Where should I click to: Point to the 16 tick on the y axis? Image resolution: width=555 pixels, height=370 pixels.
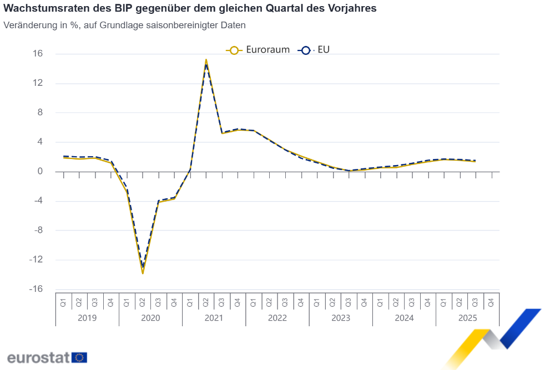pyautogui.click(x=38, y=54)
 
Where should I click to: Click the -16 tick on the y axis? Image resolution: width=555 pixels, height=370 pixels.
pyautogui.click(x=36, y=289)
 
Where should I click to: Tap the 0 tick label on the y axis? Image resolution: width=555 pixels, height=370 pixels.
pyautogui.click(x=41, y=172)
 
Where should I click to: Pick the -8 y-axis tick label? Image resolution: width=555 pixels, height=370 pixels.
pyautogui.click(x=38, y=230)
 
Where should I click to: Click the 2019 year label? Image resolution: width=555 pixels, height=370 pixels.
pyautogui.click(x=87, y=318)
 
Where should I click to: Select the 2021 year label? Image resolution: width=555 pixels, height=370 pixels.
pyautogui.click(x=214, y=318)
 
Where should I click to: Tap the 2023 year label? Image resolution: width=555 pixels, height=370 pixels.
pyautogui.click(x=341, y=318)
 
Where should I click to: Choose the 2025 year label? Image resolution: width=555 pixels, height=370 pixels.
pyautogui.click(x=467, y=318)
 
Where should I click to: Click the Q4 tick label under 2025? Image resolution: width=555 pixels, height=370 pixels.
pyautogui.click(x=491, y=302)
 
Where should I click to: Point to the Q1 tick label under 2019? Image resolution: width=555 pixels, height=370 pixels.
pyautogui.click(x=63, y=302)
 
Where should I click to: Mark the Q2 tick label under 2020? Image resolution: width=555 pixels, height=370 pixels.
pyautogui.click(x=143, y=302)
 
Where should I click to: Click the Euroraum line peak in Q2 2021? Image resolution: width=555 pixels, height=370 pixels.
pyautogui.click(x=206, y=60)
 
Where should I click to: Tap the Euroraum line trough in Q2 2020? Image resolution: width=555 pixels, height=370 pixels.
pyautogui.click(x=143, y=273)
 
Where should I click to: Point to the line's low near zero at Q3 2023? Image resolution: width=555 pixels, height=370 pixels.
pyautogui.click(x=349, y=171)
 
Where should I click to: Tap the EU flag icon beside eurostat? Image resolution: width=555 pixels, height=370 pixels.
pyautogui.click(x=79, y=357)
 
